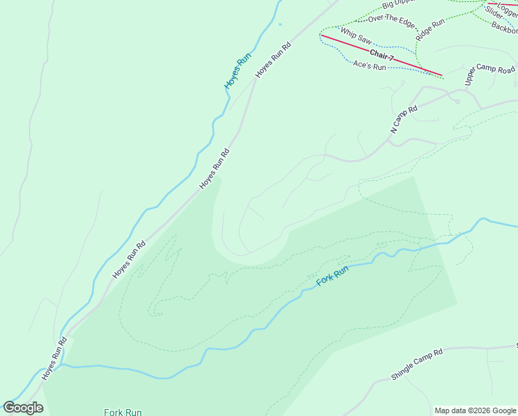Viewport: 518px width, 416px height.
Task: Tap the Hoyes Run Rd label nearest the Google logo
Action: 54,358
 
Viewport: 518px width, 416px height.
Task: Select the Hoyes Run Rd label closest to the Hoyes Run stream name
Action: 272,59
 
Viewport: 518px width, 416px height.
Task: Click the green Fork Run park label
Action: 123,412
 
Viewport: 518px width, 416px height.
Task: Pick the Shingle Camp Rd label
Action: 416,365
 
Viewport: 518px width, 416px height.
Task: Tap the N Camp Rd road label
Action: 404,119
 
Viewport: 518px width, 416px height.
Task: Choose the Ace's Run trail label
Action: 369,66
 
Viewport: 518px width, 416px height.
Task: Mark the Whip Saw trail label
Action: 356,35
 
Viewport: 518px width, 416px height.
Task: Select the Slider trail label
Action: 494,12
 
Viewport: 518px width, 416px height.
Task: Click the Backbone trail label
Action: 505,28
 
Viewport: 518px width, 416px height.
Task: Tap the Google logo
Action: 23,408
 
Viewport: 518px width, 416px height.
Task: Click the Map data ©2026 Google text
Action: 474,410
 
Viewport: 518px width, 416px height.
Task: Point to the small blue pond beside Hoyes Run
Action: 280,24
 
